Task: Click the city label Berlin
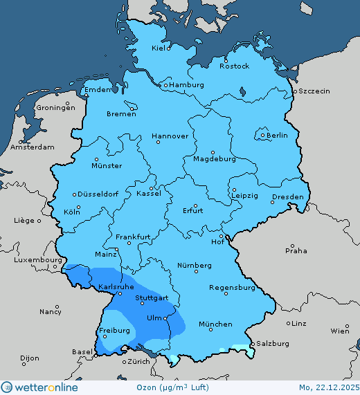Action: pyautogui.click(x=277, y=136)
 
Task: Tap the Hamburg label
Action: pyautogui.click(x=187, y=85)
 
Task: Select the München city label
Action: pyautogui.click(x=215, y=324)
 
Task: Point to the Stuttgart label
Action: pyautogui.click(x=152, y=298)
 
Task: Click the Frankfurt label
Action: pyautogui.click(x=134, y=237)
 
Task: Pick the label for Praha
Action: pyautogui.click(x=296, y=250)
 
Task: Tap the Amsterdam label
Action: pyautogui.click(x=33, y=147)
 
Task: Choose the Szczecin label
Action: pyautogui.click(x=314, y=91)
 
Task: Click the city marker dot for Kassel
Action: pyautogui.click(x=151, y=187)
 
